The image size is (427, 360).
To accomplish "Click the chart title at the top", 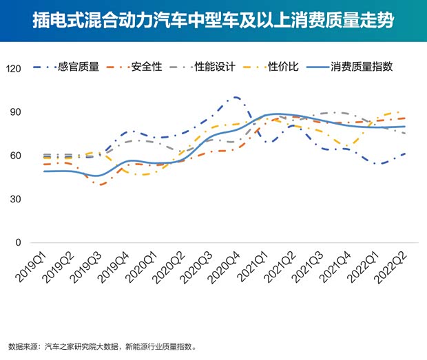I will (213, 20).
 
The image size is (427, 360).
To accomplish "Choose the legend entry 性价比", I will (282, 67).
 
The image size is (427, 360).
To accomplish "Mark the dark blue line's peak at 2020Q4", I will (236, 98).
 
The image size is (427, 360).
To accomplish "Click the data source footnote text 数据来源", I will (25, 348).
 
